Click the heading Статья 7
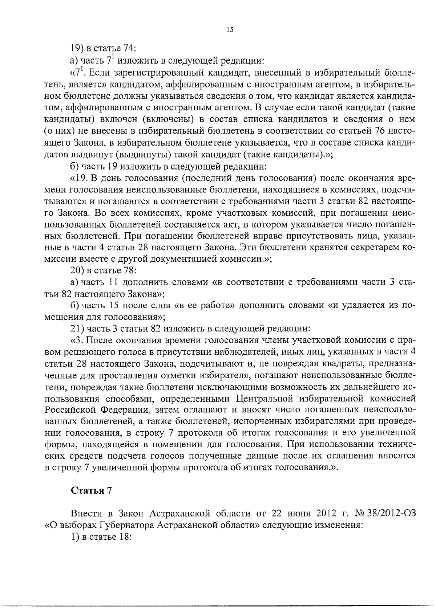(91, 490)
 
